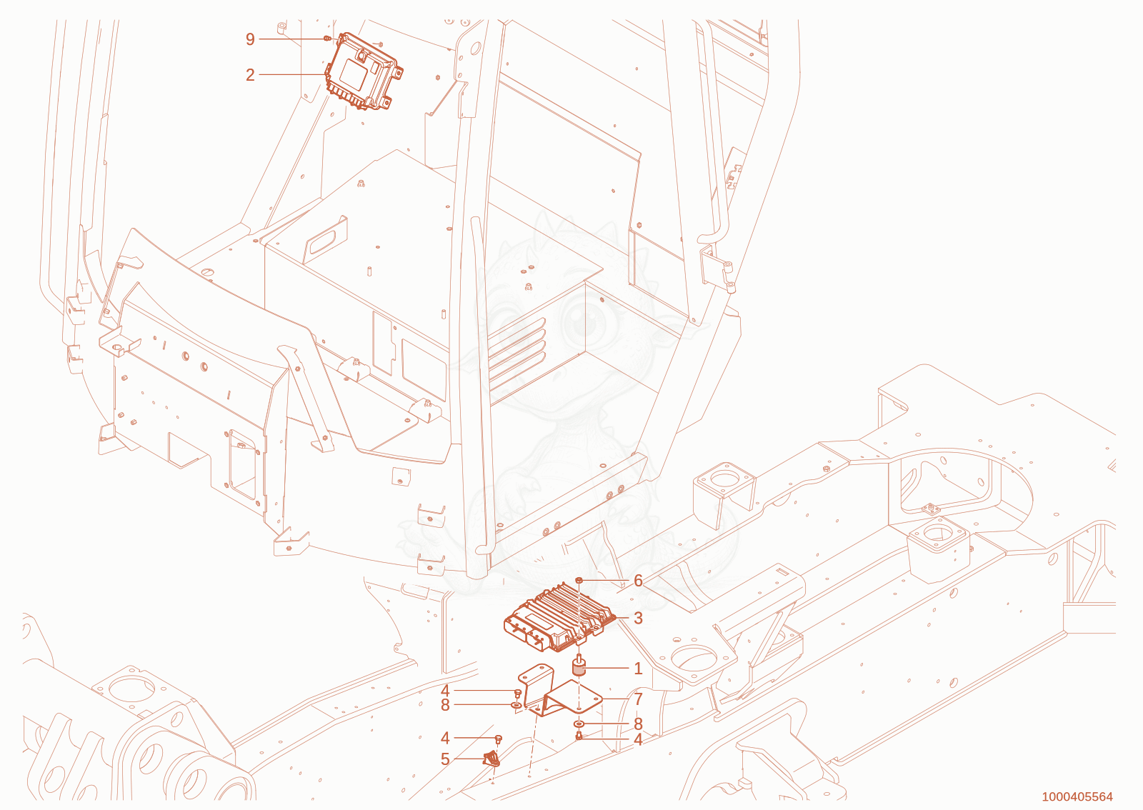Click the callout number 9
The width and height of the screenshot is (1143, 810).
tap(250, 39)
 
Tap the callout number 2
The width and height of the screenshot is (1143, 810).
tap(250, 75)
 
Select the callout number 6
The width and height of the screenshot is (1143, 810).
tap(638, 581)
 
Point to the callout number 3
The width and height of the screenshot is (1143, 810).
tap(638, 618)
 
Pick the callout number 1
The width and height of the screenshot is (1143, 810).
tap(638, 668)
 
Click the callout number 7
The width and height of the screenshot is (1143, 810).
tap(638, 699)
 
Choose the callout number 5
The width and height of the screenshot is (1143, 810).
tap(445, 759)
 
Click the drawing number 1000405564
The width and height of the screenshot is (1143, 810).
tap(1077, 796)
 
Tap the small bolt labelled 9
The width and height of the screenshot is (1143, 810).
tap(327, 39)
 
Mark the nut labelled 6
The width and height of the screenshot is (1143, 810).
tap(579, 581)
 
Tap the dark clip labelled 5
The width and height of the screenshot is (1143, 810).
tap(491, 758)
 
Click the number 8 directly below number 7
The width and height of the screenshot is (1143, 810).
tap(638, 724)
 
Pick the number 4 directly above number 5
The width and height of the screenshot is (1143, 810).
tap(445, 738)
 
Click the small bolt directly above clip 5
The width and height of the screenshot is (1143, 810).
tap(499, 738)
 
